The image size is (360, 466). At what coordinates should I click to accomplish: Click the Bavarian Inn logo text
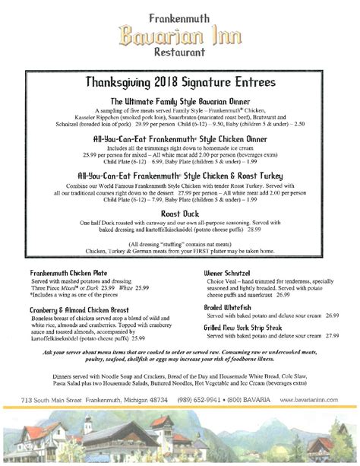(x=180, y=34)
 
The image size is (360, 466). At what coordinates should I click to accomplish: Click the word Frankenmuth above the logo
(x=180, y=11)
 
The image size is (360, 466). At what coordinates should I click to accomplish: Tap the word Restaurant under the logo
(x=180, y=54)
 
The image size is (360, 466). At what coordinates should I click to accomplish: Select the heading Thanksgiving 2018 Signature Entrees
(x=180, y=81)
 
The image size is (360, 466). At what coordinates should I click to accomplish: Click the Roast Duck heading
(x=180, y=215)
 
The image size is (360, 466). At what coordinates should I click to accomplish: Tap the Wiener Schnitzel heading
(x=232, y=272)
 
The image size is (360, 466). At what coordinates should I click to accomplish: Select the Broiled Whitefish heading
(x=232, y=306)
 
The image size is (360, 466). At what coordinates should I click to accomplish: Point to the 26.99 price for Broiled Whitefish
(x=329, y=315)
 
